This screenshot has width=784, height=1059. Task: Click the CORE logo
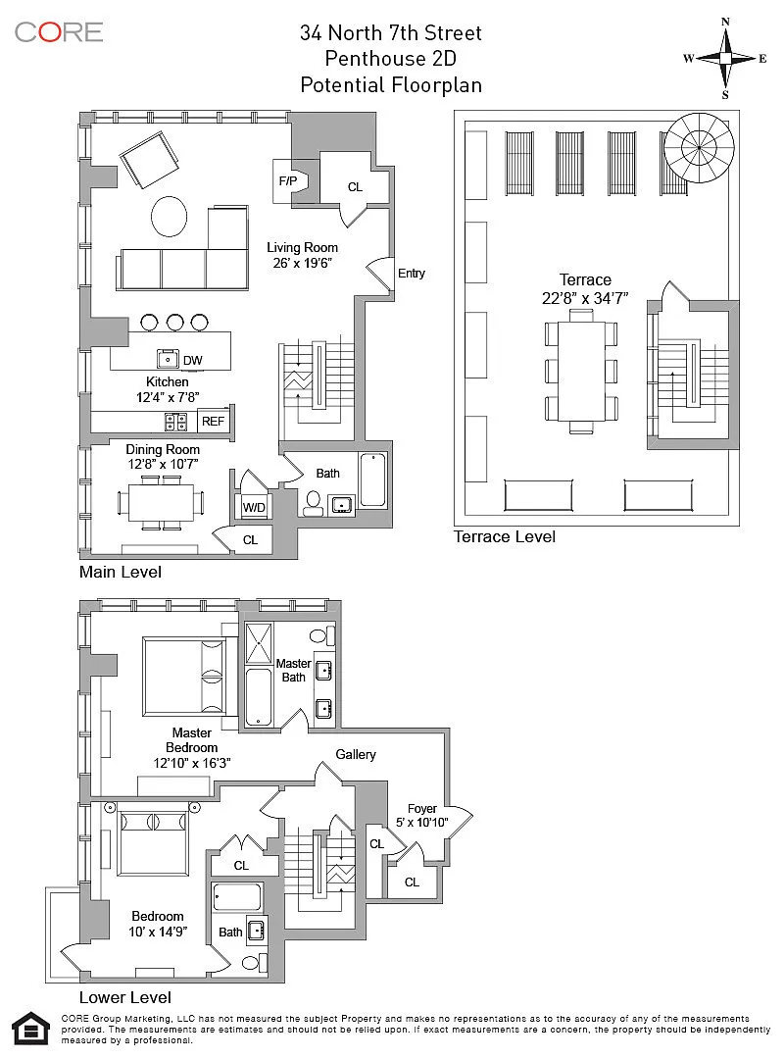click(59, 32)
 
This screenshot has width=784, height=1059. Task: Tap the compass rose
click(725, 59)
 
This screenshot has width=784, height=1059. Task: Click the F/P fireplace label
click(288, 181)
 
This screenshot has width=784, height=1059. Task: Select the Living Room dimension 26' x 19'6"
click(303, 263)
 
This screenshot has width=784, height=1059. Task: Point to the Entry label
click(412, 273)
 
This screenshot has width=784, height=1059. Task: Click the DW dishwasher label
click(192, 360)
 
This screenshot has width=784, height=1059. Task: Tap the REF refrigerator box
click(214, 421)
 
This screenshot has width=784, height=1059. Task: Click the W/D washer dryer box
click(254, 507)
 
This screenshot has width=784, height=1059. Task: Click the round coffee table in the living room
click(169, 217)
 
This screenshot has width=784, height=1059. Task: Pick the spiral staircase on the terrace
click(698, 148)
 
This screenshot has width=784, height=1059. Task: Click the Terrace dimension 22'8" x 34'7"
click(585, 298)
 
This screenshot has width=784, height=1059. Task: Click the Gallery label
click(356, 754)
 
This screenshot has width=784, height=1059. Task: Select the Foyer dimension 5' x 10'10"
click(422, 822)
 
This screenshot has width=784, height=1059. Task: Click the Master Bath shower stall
click(259, 643)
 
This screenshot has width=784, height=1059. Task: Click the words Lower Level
click(124, 997)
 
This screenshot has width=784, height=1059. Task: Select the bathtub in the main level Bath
click(372, 480)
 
